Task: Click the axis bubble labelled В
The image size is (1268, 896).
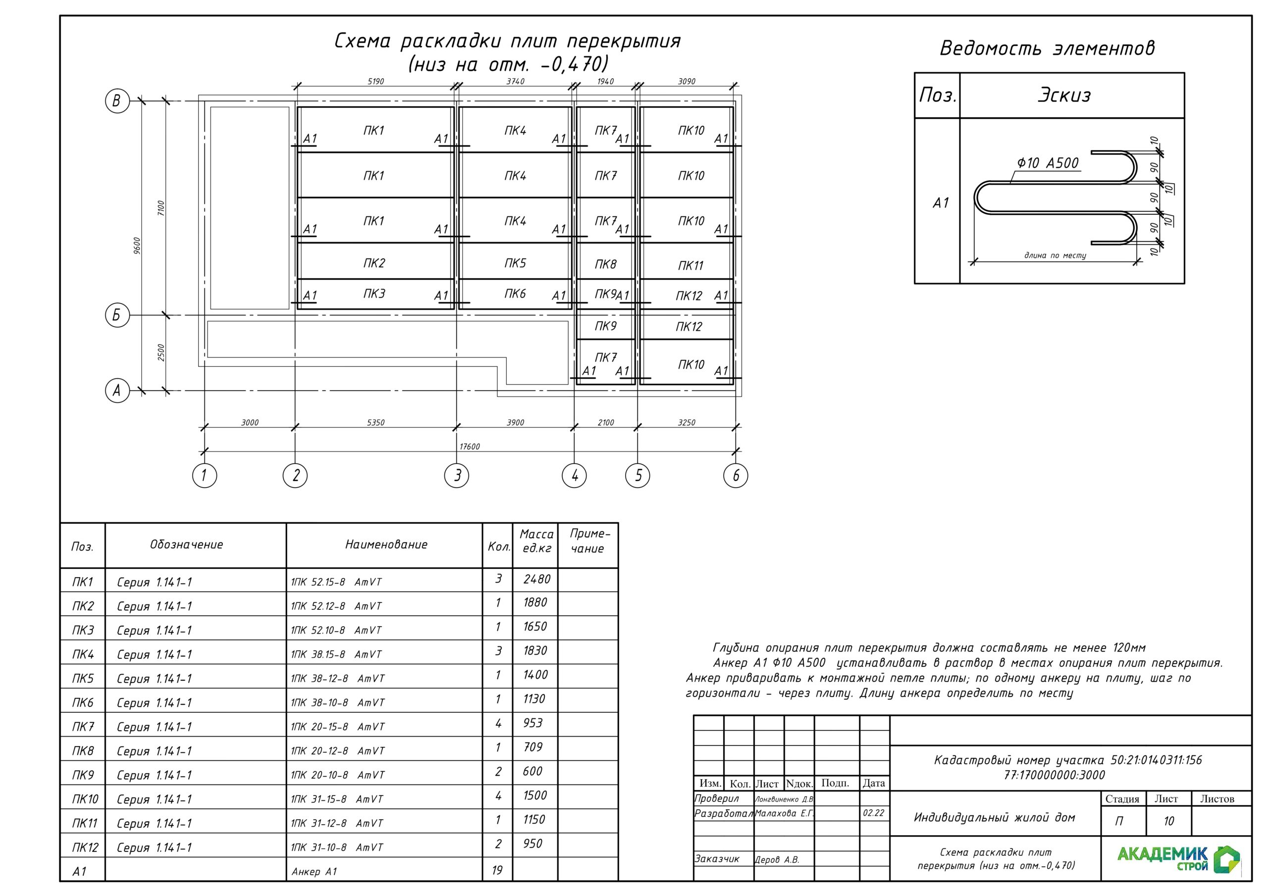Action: [x=117, y=101]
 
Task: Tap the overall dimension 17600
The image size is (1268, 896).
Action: [x=470, y=447]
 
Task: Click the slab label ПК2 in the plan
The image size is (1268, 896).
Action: [x=374, y=263]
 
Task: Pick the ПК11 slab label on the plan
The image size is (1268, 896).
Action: [x=690, y=265]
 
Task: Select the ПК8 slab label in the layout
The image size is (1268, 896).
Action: [x=605, y=264]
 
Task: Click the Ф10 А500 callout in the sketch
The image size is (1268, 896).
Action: [x=1047, y=163]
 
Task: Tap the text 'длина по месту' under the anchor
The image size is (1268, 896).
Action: [x=1055, y=255]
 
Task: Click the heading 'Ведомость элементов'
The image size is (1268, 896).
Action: [x=1047, y=49]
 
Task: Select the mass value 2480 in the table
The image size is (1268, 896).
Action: [x=536, y=579]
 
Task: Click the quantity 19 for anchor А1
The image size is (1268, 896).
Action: [x=497, y=871]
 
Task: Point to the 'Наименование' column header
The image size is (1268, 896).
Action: [x=386, y=545]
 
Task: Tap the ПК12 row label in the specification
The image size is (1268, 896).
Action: [x=85, y=847]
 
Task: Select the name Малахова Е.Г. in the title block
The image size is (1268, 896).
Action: [x=784, y=813]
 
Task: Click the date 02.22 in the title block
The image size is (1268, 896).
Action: [x=873, y=813]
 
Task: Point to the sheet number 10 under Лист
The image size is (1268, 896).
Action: [x=1168, y=821]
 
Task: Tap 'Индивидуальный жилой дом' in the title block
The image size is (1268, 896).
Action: [x=994, y=818]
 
